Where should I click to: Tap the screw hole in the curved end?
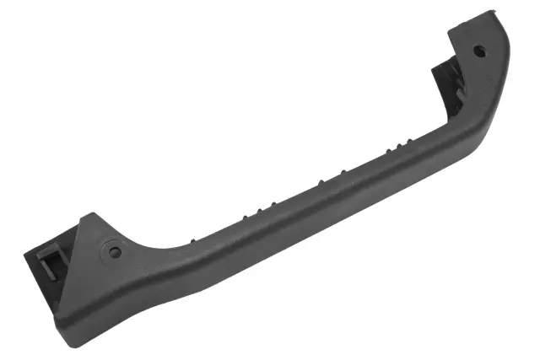point(480,51)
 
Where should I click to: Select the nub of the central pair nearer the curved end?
point(343,173)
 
